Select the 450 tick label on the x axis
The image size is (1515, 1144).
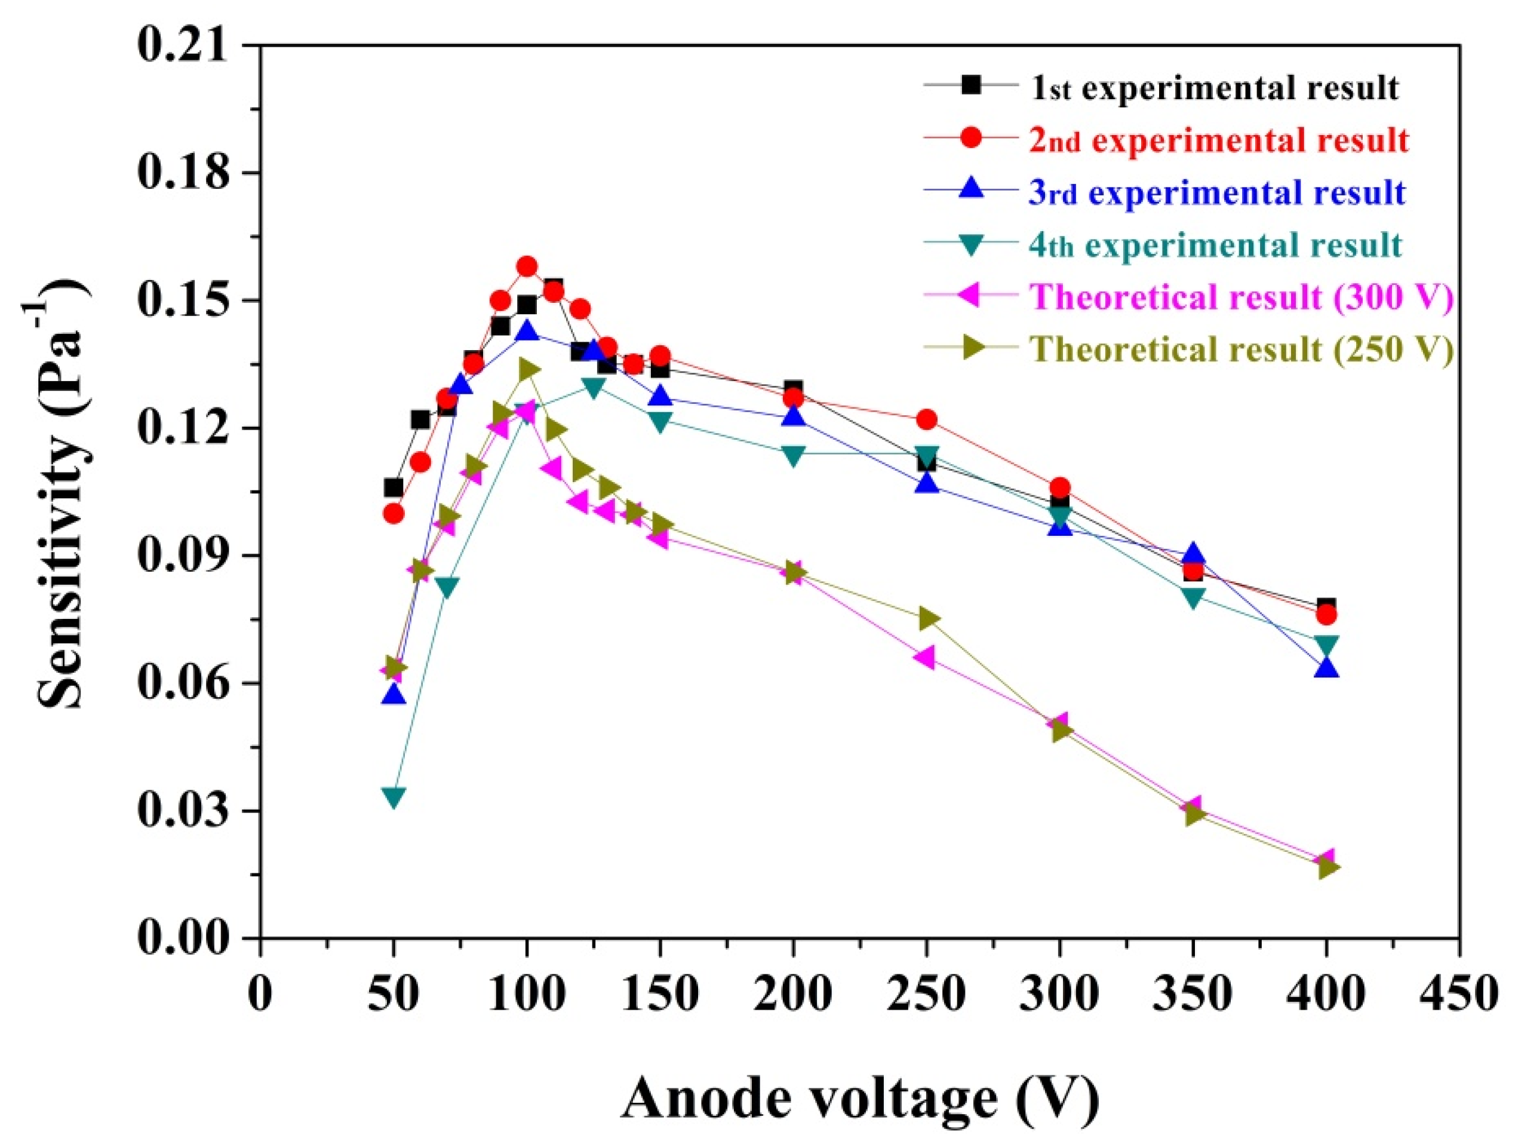coord(1459,993)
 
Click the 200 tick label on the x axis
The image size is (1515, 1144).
coord(793,993)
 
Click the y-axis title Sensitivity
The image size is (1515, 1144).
coord(62,493)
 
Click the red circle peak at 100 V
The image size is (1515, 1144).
coord(527,266)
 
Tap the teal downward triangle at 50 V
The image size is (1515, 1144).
coord(393,797)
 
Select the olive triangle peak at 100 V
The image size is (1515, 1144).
coord(528,369)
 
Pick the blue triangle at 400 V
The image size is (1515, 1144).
coord(1327,667)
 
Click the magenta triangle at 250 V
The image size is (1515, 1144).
coord(924,658)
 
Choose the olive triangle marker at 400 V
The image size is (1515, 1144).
coord(1327,868)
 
